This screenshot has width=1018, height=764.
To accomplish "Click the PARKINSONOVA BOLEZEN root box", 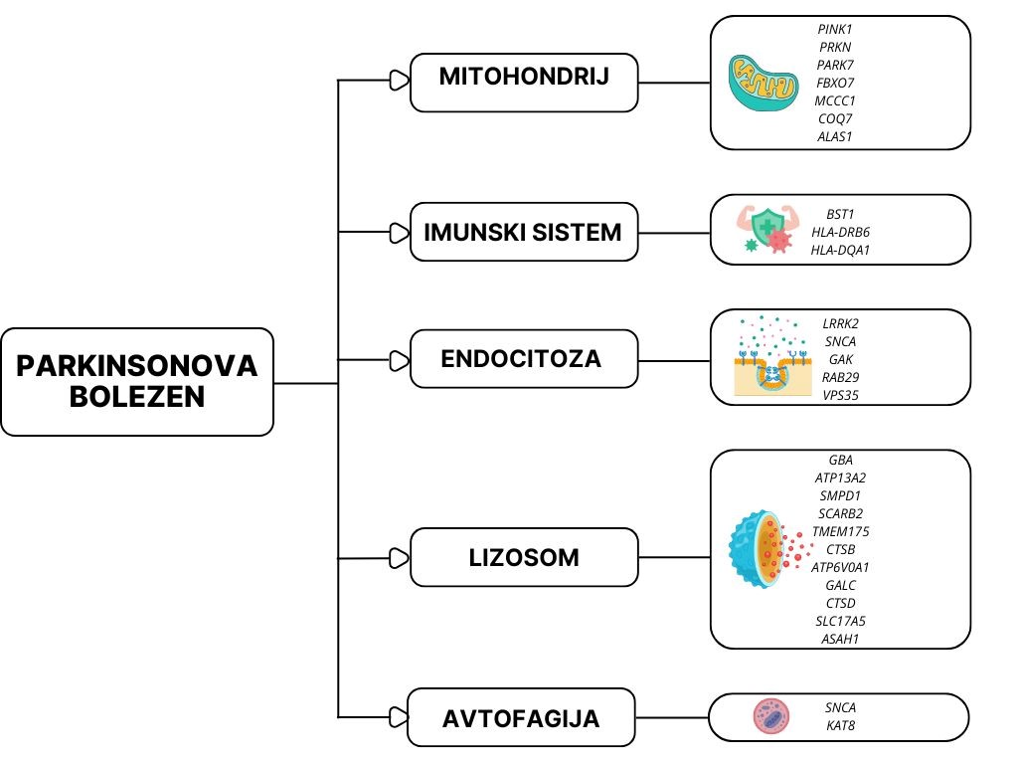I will pos(137,382).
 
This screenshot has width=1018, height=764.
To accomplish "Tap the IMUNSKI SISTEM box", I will pos(524,233).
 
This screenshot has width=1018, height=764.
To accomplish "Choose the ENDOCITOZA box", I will pos(524,358).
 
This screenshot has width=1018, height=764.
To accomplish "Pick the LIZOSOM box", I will pos(524,557).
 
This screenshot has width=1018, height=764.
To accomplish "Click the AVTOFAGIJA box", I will pos(522,717).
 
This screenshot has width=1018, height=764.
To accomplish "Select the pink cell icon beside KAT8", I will pos(770,716).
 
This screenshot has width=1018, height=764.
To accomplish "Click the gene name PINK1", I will pos(836,30).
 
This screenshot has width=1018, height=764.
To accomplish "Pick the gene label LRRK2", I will pos(840,323).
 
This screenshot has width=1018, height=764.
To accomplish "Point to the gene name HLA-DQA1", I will pos(840,250).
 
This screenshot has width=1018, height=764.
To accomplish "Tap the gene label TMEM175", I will pos(840,531).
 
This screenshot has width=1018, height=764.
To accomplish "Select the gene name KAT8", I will pos(840,725).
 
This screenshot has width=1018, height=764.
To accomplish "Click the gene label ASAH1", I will pos(840,639).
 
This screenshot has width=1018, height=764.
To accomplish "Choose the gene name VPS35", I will pos(840,395).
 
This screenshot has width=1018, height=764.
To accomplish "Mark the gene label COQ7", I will pos(836,119).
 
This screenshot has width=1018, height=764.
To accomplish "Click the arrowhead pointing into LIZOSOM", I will pos(399,558).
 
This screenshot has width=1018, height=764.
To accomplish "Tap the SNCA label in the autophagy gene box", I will pos(840,707).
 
